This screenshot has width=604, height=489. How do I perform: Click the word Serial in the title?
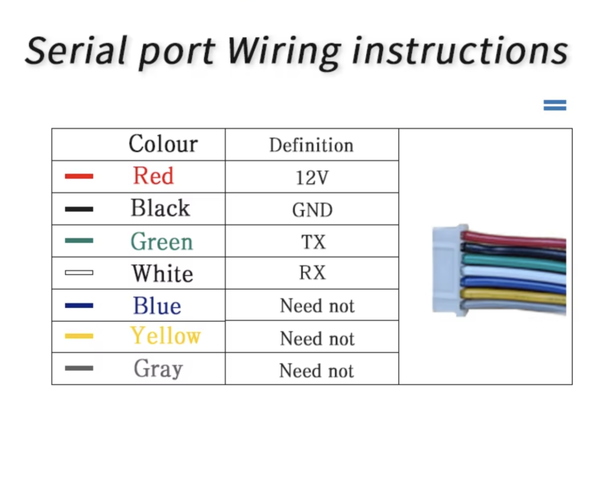point(76,50)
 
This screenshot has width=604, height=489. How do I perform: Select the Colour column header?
point(163,144)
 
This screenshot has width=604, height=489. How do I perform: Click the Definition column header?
point(311,145)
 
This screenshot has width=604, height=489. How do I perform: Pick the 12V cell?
point(312,178)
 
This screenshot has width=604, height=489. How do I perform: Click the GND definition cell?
point(312,210)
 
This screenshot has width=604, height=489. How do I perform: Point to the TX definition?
point(313,242)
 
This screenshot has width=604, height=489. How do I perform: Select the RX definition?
point(313,273)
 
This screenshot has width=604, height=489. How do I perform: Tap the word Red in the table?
point(154,176)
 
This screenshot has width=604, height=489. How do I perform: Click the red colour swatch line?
point(79,176)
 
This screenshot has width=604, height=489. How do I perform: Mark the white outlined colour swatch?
point(79,273)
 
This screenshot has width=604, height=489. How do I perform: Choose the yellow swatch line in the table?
point(79,336)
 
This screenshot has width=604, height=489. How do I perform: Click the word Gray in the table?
point(158,369)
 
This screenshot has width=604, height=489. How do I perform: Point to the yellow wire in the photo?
point(514,296)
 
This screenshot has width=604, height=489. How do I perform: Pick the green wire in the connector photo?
point(514,262)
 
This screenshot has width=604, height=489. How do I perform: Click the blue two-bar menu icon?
point(555,105)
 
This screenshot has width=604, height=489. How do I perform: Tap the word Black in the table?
point(161,208)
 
